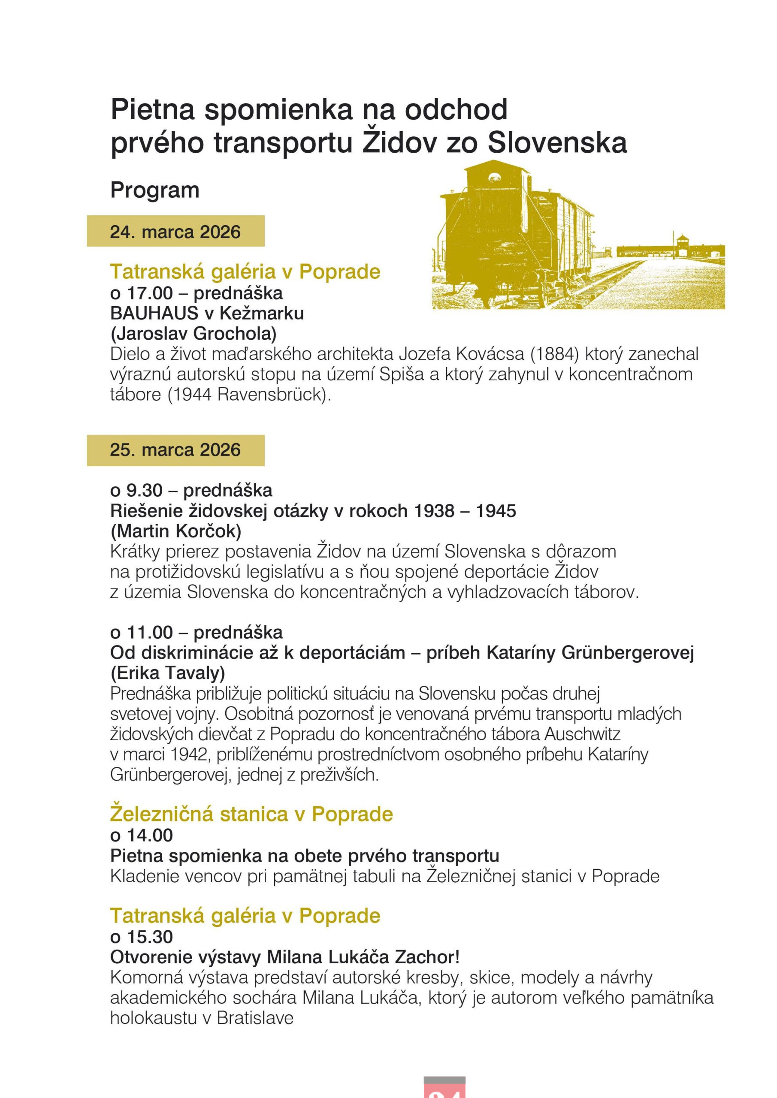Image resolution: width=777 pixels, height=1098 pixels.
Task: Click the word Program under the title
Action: pos(154,190)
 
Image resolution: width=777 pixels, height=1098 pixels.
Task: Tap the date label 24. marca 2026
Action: pos(175,232)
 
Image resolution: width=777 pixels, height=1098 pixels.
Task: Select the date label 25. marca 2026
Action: pos(175,450)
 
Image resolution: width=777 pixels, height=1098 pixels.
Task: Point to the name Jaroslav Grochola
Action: pos(193,334)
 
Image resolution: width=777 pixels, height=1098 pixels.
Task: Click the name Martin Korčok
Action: pos(176,531)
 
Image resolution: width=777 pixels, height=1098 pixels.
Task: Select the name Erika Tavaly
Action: pos(167,673)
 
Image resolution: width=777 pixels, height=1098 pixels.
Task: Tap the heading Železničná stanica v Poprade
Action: pos(251,814)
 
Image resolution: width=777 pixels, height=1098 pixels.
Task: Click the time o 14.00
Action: pos(142,836)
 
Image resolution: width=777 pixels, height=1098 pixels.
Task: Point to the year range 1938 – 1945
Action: pos(465,511)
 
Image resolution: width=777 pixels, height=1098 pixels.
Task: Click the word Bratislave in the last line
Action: pos(255,1018)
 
